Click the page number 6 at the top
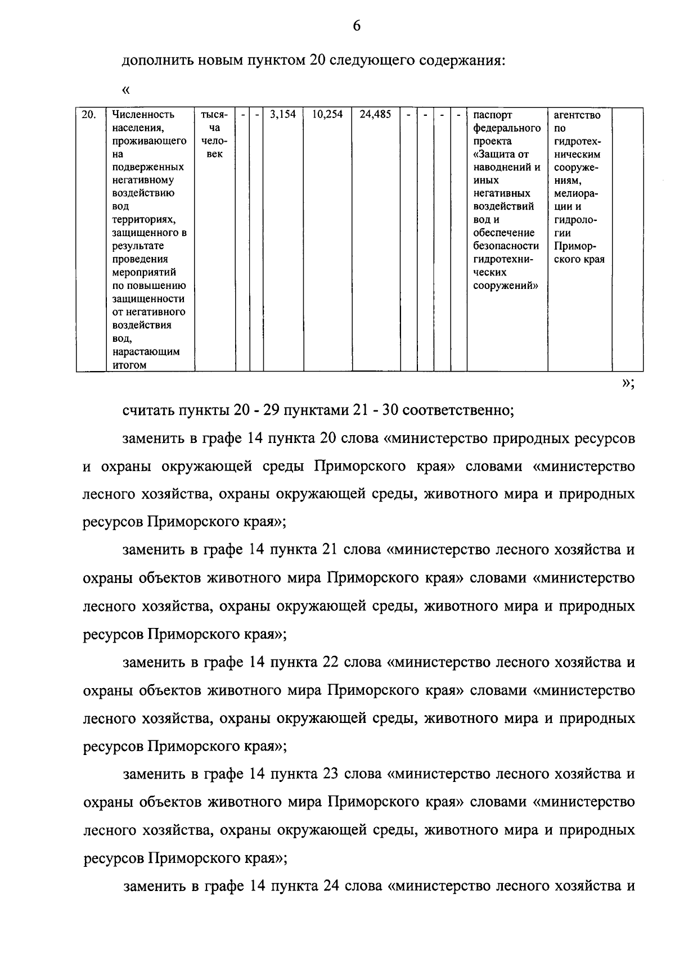pos(357,26)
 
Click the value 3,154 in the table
pos(283,115)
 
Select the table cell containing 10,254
pos(327,115)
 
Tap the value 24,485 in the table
pos(375,115)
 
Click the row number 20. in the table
pos(88,115)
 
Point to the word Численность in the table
pos(143,115)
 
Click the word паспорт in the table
pos(492,115)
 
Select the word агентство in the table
pos(577,115)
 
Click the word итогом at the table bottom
pos(129,365)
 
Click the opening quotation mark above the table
pos(125,90)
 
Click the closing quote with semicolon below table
pos(628,383)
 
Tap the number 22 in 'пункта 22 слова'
pos(330,662)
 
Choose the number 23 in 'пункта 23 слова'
pos(330,774)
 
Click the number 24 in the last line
pos(330,887)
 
